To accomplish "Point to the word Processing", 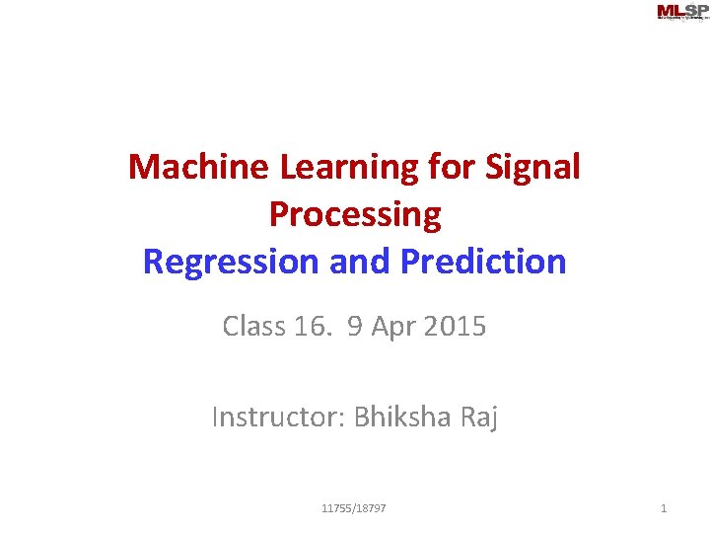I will (354, 214).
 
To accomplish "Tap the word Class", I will (253, 326).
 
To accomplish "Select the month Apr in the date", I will (394, 327).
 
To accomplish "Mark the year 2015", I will (455, 326).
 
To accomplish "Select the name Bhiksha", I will (401, 418).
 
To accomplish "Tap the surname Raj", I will (478, 419).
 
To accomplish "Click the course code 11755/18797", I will (354, 508).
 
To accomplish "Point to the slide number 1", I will (664, 508).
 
